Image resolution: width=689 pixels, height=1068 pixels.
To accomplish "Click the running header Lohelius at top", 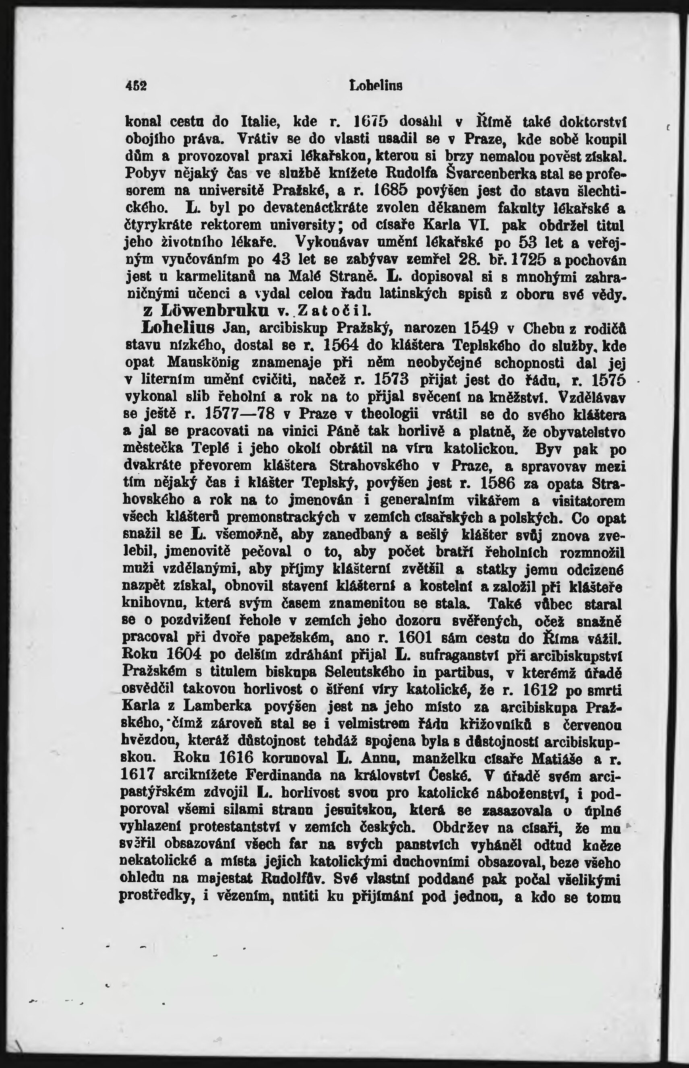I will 376,85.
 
